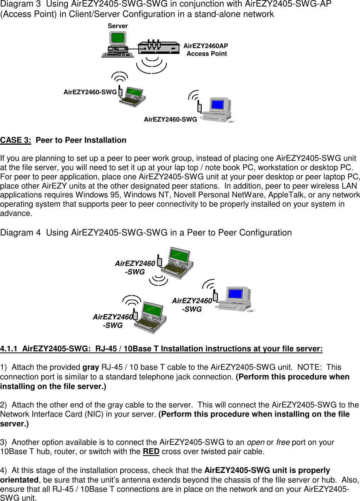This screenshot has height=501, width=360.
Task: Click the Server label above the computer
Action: (x=118, y=26)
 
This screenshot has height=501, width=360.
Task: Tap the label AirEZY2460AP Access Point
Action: (x=206, y=50)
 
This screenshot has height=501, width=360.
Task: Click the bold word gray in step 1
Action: (x=91, y=367)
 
